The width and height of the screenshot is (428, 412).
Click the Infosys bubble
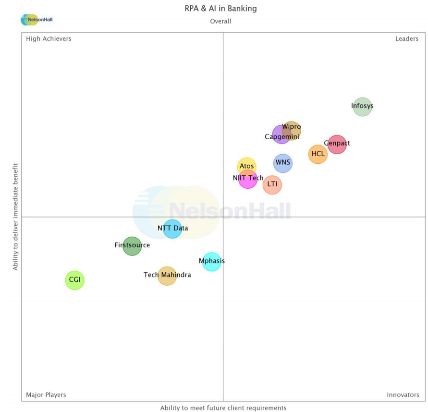362,107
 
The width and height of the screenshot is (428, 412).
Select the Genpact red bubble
337,144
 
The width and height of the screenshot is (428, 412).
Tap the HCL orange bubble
318,154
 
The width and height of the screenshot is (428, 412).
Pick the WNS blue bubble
283,163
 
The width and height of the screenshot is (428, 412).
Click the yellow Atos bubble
246,167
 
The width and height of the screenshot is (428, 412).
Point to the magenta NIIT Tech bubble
248,179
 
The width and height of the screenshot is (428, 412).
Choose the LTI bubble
272,185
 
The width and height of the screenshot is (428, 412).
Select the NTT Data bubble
172,229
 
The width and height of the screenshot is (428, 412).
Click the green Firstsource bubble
132,246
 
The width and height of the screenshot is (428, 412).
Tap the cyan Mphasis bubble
211,262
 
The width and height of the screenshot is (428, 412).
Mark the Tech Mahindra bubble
167,276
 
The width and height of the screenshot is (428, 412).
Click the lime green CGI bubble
74,280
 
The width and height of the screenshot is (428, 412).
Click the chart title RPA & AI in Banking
221,8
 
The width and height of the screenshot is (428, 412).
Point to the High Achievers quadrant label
49,38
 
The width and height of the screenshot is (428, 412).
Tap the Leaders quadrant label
406,38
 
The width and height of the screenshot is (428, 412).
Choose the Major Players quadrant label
46,395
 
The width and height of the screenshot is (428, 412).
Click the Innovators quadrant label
403,395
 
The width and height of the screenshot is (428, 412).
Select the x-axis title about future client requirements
223,408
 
